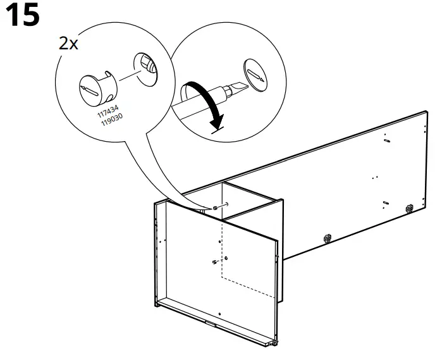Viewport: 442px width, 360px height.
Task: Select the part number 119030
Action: pos(112,119)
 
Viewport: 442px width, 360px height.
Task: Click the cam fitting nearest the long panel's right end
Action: pos(409,207)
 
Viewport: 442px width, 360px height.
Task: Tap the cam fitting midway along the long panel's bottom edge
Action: pos(327,238)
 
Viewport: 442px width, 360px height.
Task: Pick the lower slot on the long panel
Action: pos(384,203)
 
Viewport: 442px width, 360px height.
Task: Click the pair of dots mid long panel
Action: pos(376,177)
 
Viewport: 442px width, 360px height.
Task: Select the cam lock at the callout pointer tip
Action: pos(216,208)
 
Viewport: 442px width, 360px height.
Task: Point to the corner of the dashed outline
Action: pos(221,277)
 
